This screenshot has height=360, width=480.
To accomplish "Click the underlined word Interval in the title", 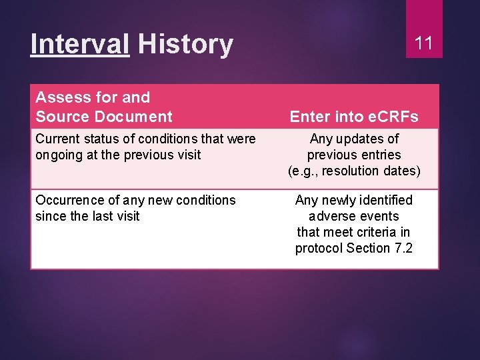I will point(80,45).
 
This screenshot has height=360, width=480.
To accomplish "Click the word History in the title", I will point(185,45).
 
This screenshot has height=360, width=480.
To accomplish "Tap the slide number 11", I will point(424,44).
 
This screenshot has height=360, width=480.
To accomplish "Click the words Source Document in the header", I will point(103,117).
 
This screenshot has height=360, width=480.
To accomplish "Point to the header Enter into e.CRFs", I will point(354,117).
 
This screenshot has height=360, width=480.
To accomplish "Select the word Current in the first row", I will point(56,139).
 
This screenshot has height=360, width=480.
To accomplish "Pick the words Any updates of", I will point(354,139).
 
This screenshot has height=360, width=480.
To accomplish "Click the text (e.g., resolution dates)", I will point(354,171).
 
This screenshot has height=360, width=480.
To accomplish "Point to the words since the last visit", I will point(87,216).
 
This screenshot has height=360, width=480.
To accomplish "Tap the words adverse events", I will point(354,216).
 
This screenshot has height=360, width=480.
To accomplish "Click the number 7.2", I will point(403,248).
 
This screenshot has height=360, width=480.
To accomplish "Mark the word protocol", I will point(319,248).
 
